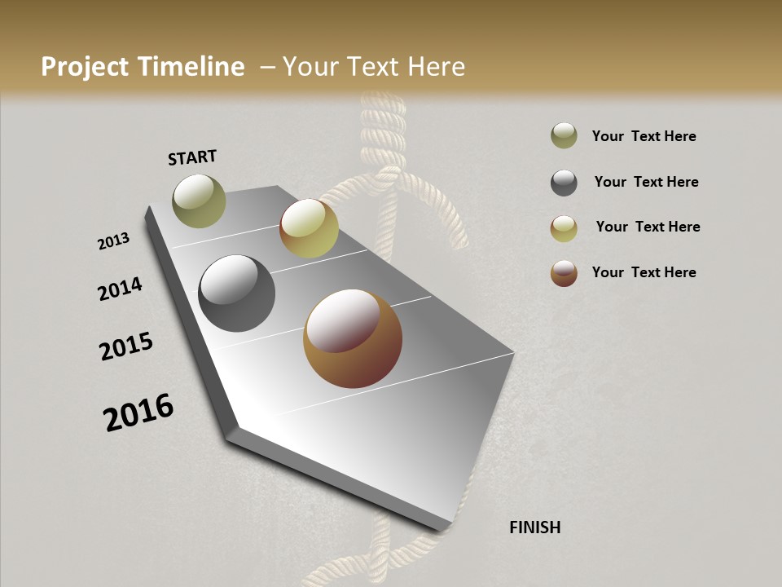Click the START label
pyautogui.click(x=192, y=157)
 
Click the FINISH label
pyautogui.click(x=534, y=527)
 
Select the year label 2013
pyautogui.click(x=114, y=241)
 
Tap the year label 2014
pyautogui.click(x=121, y=289)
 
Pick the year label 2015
pyautogui.click(x=126, y=346)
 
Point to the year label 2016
pyautogui.click(x=138, y=413)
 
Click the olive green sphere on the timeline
pyautogui.click(x=200, y=201)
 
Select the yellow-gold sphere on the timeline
pyautogui.click(x=309, y=228)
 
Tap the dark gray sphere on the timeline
pyautogui.click(x=236, y=293)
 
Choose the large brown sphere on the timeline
pyautogui.click(x=353, y=338)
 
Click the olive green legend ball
pyautogui.click(x=564, y=135)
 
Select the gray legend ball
pyautogui.click(x=564, y=183)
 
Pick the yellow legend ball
pyautogui.click(x=564, y=228)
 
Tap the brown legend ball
pyautogui.click(x=564, y=273)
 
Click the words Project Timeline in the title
pyautogui.click(x=143, y=67)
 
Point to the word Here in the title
pyautogui.click(x=435, y=67)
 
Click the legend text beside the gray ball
pyautogui.click(x=646, y=182)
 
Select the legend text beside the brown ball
pyautogui.click(x=644, y=272)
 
